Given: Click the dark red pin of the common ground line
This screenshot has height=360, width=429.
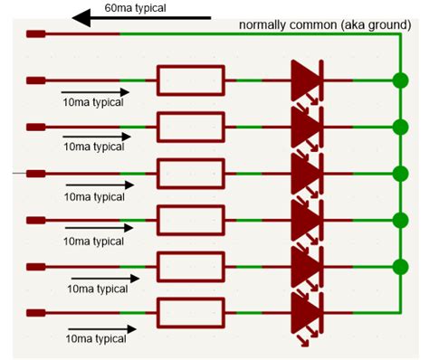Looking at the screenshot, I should point(36,34).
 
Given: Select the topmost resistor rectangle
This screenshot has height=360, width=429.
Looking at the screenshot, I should point(190,81).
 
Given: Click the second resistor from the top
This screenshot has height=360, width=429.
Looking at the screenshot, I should point(190,127).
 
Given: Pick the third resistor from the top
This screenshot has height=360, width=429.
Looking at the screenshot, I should point(190,173).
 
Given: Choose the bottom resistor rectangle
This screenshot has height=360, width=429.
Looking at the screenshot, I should point(190,313).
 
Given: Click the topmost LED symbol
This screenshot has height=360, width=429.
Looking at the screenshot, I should point(306,81).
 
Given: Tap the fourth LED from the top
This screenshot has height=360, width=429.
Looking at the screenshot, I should point(306,220).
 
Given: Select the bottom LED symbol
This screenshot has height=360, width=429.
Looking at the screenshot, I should point(306,313).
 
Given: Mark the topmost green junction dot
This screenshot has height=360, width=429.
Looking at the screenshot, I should point(400,81).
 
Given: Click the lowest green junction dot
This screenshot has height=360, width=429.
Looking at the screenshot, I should point(400,267).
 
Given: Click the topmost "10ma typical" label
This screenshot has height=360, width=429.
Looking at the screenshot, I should point(92,102).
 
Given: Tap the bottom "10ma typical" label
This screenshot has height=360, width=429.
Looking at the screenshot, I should point(96,339).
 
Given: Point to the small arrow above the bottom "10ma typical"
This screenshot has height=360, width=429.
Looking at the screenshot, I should point(100,327).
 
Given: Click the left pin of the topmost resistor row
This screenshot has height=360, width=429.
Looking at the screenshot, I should point(36,81).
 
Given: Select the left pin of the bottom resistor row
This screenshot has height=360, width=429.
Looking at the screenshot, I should point(36,313).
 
